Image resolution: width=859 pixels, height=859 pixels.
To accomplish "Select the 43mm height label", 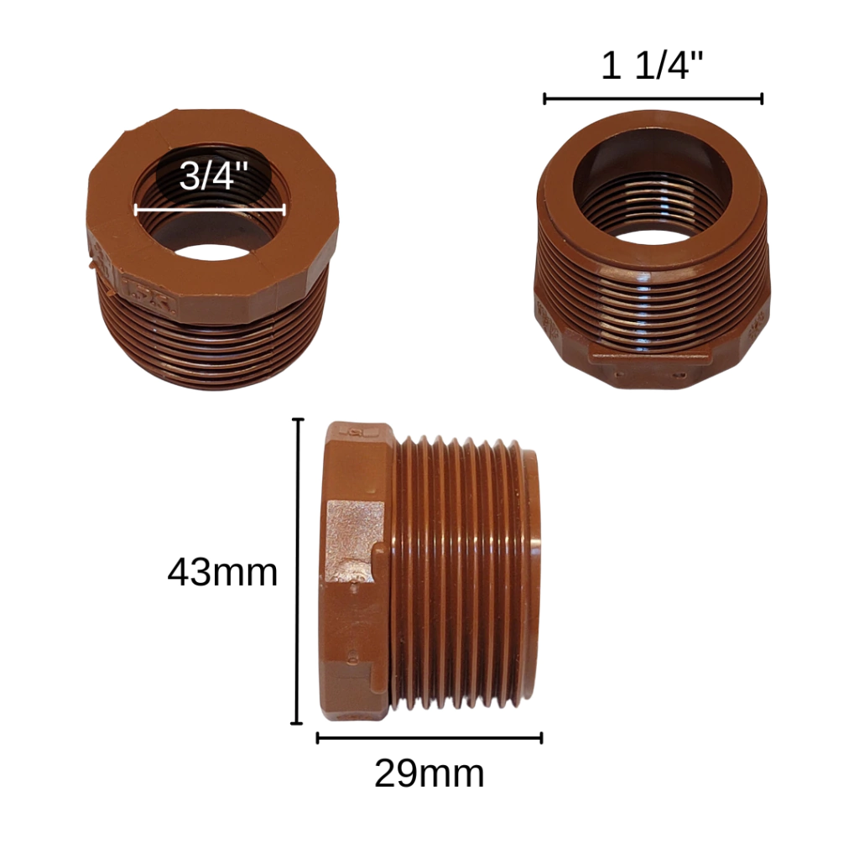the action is click(222, 572).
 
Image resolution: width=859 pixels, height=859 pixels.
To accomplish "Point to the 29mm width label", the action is click(429, 773).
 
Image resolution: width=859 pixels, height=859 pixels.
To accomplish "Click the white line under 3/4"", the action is click(210, 209).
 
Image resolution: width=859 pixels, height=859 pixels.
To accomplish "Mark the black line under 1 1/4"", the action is click(653, 99).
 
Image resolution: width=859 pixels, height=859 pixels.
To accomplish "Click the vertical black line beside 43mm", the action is click(298, 570).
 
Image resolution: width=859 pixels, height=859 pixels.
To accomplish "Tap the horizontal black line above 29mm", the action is click(429, 738).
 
